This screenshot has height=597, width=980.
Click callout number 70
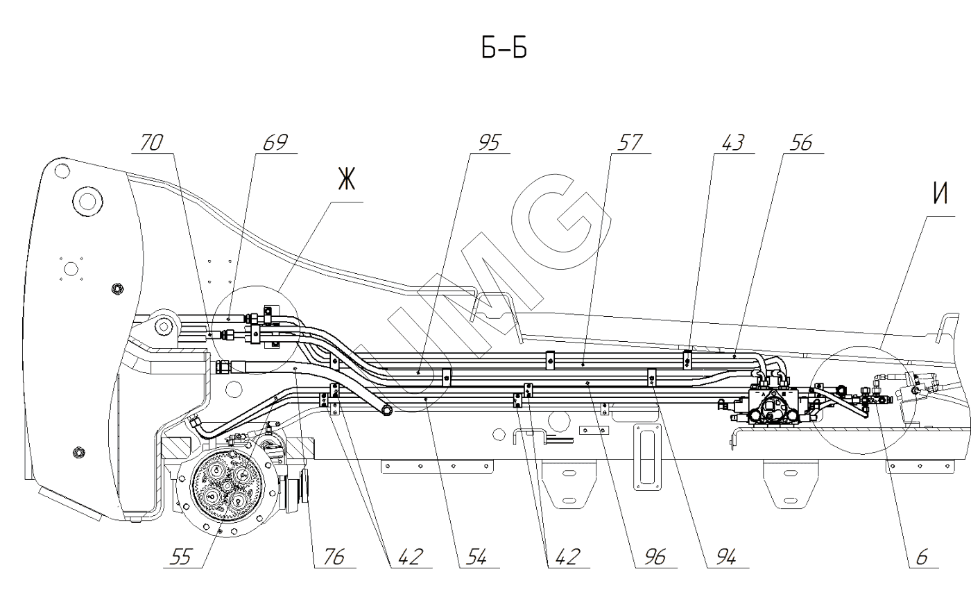coord(151,143)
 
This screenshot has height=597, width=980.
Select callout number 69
coord(275,143)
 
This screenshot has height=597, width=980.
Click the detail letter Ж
coord(345,180)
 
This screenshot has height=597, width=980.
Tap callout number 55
coord(183,557)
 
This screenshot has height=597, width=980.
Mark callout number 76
coord(333,557)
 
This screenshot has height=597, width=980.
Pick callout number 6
coord(922,557)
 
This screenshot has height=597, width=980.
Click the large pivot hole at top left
coord(87,202)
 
